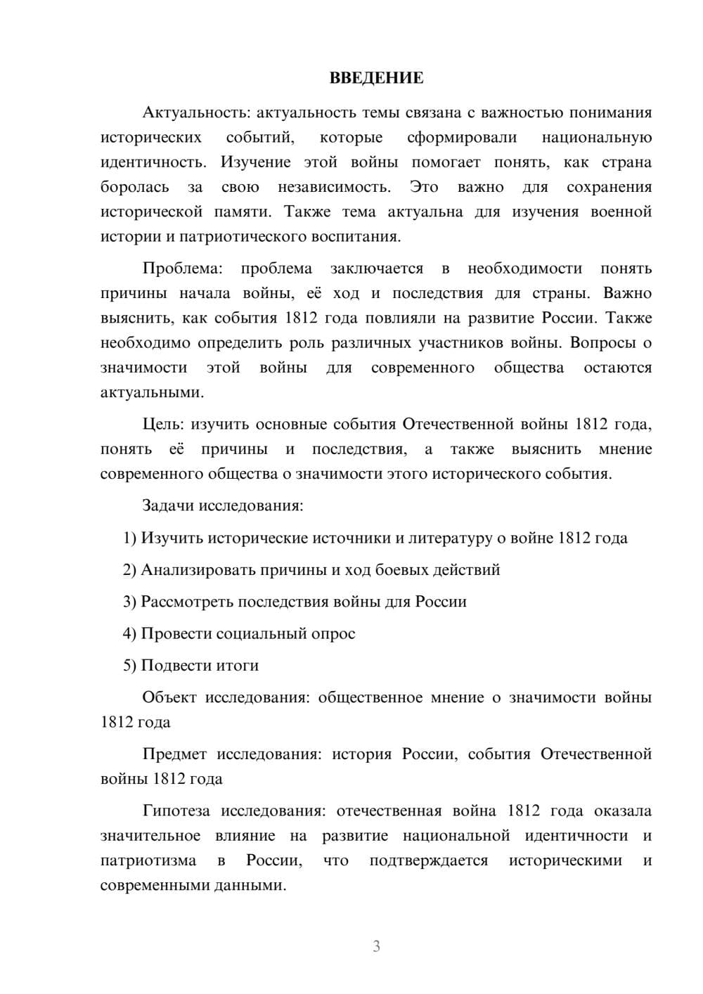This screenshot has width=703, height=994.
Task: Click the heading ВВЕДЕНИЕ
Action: coord(376,78)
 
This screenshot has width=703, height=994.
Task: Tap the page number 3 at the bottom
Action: coord(376,946)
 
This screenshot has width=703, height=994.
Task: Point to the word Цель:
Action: coord(164,425)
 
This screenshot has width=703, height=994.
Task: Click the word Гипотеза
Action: coord(176,811)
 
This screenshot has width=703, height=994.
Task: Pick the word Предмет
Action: coord(174,754)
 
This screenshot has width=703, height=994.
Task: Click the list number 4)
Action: coord(129,634)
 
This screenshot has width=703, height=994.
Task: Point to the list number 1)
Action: coord(129,538)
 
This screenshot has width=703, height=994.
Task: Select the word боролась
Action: coord(135,187)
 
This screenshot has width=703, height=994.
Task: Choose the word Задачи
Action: coord(169,506)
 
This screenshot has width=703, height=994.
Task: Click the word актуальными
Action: coord(152,392)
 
